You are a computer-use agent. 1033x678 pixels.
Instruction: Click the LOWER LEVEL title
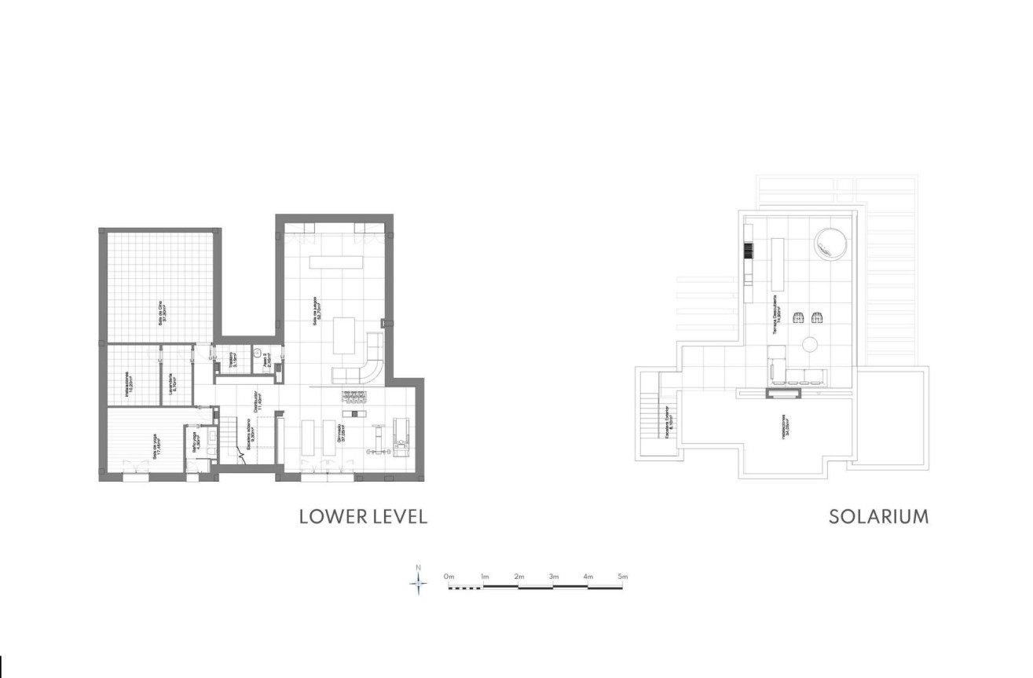pyautogui.click(x=363, y=517)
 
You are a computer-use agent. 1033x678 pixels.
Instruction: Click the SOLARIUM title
pyautogui.click(x=878, y=517)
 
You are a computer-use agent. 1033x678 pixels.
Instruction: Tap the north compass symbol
pyautogui.click(x=419, y=581)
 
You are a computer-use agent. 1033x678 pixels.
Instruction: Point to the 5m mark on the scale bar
pyautogui.click(x=623, y=577)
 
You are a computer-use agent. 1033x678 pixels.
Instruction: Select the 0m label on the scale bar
pyautogui.click(x=449, y=577)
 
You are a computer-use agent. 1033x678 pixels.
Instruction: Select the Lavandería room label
pyautogui.click(x=173, y=380)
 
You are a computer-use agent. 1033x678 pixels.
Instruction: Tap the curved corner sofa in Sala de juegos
pyautogui.click(x=364, y=368)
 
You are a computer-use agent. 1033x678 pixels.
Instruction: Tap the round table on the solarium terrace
pyautogui.click(x=809, y=343)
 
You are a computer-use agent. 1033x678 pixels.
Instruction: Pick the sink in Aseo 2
pyautogui.click(x=258, y=353)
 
